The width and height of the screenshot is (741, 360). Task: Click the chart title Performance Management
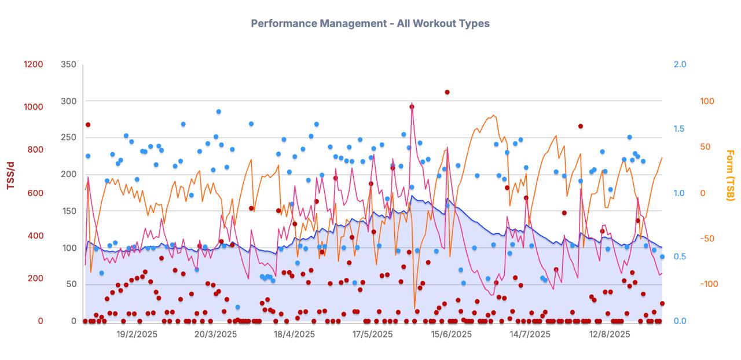tap(370, 24)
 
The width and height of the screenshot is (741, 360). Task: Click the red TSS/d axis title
tap(10, 175)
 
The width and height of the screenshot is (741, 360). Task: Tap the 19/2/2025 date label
tap(137, 335)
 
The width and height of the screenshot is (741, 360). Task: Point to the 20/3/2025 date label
tap(215, 335)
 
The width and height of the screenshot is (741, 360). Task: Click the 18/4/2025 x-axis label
tap(294, 335)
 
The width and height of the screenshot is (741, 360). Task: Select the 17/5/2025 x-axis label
tap(372, 335)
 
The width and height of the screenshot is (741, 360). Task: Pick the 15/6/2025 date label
tap(451, 335)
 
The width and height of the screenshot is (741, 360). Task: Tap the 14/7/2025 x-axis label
tap(530, 335)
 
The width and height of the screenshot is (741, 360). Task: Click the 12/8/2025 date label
tap(609, 335)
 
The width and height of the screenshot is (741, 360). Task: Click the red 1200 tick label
tap(33, 64)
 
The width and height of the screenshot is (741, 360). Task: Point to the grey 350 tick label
tap(68, 64)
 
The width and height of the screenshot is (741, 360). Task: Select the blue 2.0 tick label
tap(680, 64)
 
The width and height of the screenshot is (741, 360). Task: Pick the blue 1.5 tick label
tap(680, 128)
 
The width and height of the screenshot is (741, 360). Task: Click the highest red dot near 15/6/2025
tap(447, 92)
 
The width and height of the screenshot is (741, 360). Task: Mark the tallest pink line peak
tap(412, 104)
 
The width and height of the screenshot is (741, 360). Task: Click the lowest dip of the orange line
tap(414, 308)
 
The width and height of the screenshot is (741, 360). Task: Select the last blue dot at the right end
tap(662, 257)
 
